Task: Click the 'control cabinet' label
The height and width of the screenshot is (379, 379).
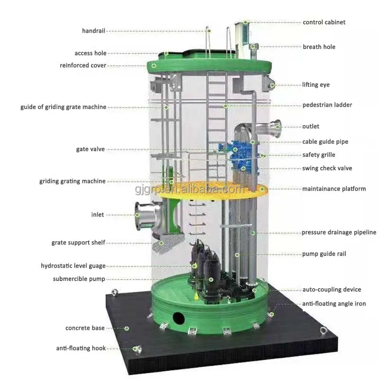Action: click(324, 22)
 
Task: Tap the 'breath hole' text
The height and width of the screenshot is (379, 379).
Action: click(319, 47)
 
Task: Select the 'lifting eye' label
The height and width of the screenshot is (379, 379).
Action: click(316, 85)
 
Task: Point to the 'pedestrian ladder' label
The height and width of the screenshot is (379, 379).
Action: click(327, 105)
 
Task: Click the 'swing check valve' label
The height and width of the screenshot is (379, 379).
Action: click(327, 168)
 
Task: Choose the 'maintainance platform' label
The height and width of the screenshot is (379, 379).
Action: click(334, 189)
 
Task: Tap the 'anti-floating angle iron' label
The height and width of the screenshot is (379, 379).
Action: click(334, 304)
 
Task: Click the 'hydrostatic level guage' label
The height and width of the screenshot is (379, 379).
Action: click(73, 266)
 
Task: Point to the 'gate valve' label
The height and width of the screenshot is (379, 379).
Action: click(90, 149)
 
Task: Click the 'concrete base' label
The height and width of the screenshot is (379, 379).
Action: click(85, 328)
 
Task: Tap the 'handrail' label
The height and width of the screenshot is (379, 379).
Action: click(93, 31)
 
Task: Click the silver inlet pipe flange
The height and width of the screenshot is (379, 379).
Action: click(141, 216)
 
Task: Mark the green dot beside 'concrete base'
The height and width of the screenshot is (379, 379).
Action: click(126, 328)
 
